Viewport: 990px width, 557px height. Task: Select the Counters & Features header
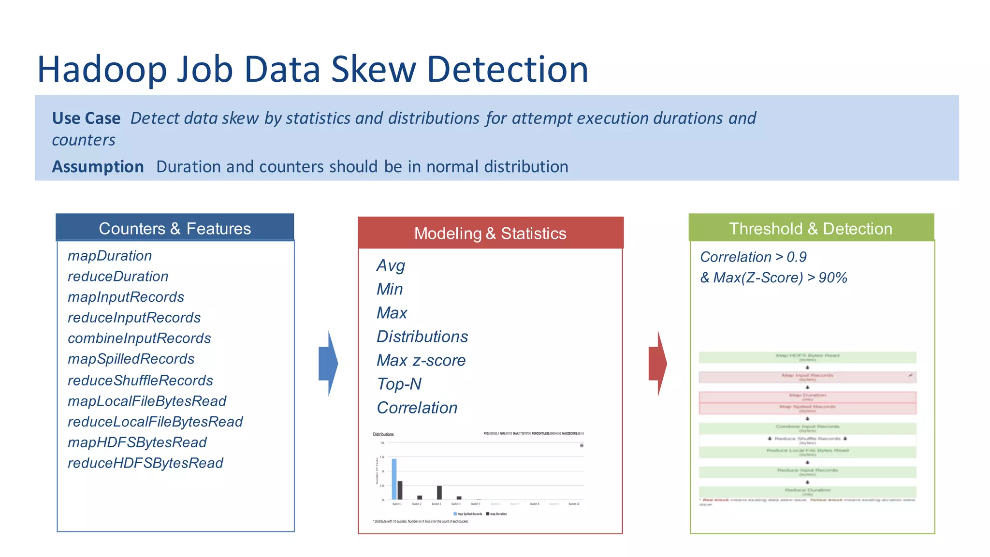(x=175, y=228)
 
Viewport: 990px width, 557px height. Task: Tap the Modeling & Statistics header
(x=490, y=234)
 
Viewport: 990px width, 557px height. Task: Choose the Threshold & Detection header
(x=811, y=228)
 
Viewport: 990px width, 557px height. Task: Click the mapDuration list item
(x=110, y=256)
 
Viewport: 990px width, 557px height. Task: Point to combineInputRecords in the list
(x=139, y=338)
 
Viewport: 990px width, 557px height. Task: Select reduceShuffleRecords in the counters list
(x=140, y=381)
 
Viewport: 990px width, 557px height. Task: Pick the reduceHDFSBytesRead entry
(x=145, y=463)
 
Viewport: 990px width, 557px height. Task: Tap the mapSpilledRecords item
(x=131, y=359)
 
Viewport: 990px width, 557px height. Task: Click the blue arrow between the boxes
(x=328, y=364)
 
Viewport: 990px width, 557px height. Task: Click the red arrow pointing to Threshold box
(x=658, y=364)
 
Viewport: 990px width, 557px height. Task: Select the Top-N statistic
(x=399, y=384)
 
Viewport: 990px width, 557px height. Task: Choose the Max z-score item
(x=421, y=360)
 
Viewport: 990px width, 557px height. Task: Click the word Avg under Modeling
(x=391, y=265)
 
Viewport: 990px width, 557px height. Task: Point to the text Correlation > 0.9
(x=753, y=257)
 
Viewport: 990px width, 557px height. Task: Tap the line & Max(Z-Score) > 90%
(x=773, y=278)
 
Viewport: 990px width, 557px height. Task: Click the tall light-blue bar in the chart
(x=394, y=479)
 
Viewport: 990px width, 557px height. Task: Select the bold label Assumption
(x=98, y=167)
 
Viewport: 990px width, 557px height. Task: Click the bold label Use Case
(x=86, y=118)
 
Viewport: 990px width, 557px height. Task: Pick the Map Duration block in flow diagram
(x=807, y=397)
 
